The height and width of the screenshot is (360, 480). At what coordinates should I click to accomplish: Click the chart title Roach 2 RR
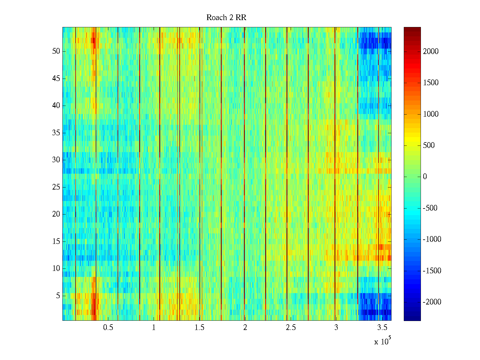point(226,18)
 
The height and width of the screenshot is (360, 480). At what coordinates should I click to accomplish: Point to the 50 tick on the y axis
point(56,51)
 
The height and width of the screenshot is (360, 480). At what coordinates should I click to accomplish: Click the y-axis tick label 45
point(56,79)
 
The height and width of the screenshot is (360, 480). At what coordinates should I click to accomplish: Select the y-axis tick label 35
point(56,133)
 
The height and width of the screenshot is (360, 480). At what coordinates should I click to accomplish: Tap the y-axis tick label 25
point(56,187)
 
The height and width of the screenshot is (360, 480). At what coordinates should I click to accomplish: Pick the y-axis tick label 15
point(56,241)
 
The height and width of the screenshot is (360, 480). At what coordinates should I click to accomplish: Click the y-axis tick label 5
point(58,296)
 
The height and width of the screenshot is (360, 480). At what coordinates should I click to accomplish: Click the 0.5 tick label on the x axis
point(108,328)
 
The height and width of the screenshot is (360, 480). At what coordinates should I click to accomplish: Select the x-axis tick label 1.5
point(199,328)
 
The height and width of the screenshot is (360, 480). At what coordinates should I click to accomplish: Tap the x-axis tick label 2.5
point(290,328)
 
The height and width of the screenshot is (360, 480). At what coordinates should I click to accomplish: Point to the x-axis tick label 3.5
point(382,328)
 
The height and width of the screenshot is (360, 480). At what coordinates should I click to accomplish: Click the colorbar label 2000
point(431,52)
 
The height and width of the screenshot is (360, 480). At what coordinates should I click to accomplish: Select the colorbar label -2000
point(432,302)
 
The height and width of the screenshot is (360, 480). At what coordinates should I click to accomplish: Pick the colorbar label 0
point(425,177)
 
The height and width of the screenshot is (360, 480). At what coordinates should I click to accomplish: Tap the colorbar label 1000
point(431,114)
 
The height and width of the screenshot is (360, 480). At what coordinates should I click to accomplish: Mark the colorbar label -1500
point(432,271)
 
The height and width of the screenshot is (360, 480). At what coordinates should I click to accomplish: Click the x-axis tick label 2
point(245,328)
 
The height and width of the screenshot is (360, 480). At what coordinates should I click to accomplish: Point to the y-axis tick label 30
point(56,160)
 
